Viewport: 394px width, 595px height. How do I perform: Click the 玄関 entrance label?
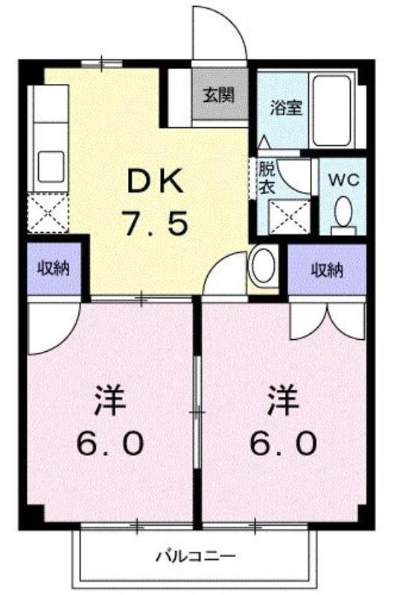point(217,95)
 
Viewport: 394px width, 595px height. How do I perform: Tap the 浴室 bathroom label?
point(286,108)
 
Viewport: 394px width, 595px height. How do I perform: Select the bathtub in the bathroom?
point(331,111)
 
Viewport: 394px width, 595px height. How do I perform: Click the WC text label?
point(343,179)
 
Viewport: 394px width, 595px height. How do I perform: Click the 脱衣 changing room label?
point(267,178)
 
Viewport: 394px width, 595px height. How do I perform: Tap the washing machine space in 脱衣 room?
point(290,216)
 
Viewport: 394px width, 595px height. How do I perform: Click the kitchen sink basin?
point(51,167)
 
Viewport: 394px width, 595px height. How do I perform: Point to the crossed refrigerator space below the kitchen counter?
point(48,213)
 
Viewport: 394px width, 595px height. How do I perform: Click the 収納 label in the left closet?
point(54,268)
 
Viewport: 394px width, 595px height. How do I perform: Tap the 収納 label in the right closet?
point(327,270)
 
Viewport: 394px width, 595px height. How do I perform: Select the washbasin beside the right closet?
point(263,266)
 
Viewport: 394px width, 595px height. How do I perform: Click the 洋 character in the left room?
point(110,400)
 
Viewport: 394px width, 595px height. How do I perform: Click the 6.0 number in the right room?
point(283,444)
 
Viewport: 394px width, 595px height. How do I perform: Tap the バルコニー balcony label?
point(196,556)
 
